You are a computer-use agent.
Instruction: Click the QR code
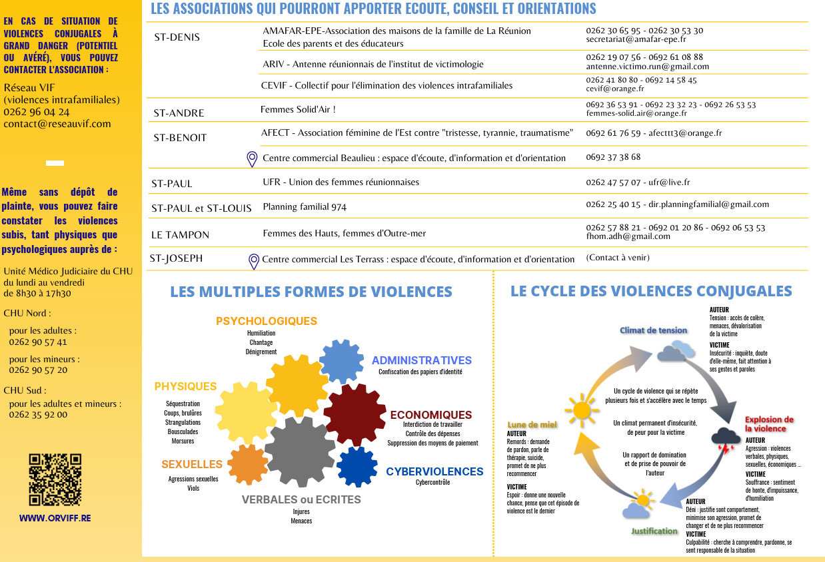[x=55, y=479]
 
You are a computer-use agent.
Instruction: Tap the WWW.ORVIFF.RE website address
[x=55, y=518]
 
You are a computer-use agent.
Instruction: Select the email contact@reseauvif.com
[x=57, y=124]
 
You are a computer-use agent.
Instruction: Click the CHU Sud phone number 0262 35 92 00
[x=38, y=414]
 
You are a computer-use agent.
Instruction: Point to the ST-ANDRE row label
[x=179, y=113]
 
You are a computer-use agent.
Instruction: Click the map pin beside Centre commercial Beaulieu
[x=252, y=158]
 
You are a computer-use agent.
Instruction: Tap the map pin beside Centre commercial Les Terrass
[x=253, y=261]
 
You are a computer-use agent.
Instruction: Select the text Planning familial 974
[x=305, y=207]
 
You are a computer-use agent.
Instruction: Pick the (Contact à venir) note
[x=618, y=258]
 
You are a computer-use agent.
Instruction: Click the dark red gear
[x=354, y=415]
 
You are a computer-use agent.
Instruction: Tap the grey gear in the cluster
[x=300, y=451]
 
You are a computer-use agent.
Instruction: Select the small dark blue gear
[x=357, y=467]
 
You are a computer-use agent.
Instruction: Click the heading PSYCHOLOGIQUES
[x=267, y=321]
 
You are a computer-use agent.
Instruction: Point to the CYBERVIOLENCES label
[x=434, y=471]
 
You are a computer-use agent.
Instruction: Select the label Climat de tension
[x=653, y=330]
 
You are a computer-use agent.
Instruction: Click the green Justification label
[x=654, y=531]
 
